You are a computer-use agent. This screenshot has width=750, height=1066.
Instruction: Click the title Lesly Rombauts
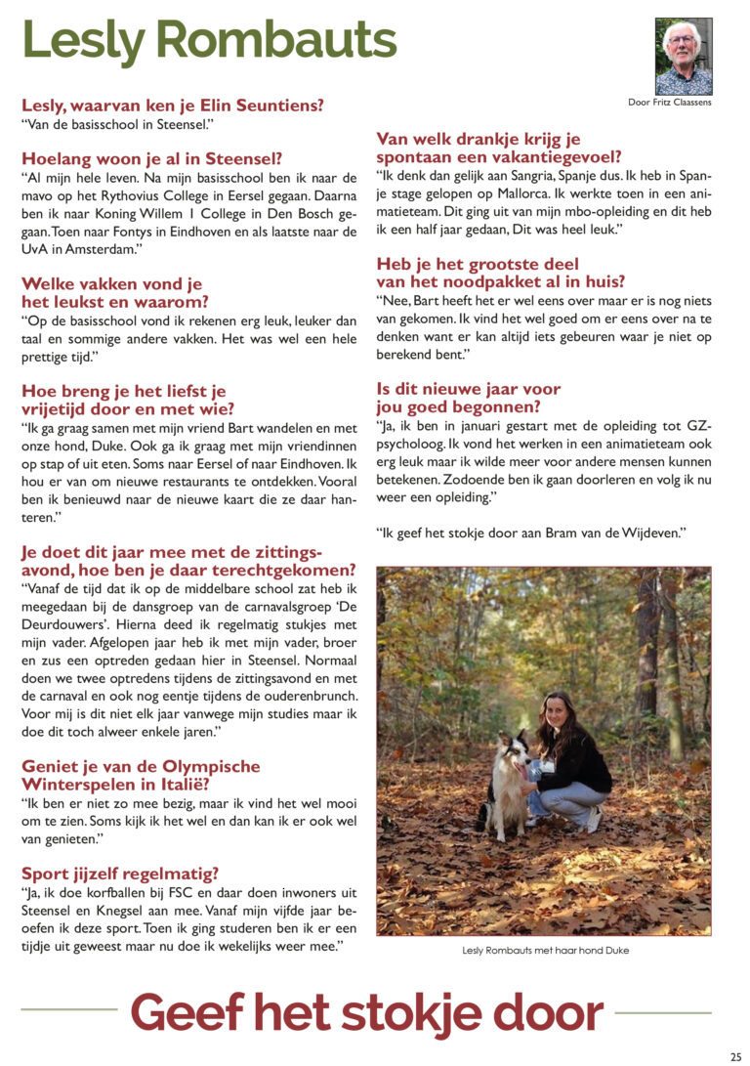click(x=209, y=41)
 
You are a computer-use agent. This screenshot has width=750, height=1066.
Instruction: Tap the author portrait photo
click(x=684, y=56)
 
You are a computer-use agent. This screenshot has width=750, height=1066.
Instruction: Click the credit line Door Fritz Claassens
click(x=669, y=103)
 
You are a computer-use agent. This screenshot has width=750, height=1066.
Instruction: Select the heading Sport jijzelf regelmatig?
click(x=120, y=874)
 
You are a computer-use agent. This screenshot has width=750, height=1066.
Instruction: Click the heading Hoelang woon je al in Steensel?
click(x=151, y=159)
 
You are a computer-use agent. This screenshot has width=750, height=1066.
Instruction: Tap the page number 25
click(x=735, y=1056)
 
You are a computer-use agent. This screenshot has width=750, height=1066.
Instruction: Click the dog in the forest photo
click(x=506, y=782)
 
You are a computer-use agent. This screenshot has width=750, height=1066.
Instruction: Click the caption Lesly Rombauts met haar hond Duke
click(x=546, y=951)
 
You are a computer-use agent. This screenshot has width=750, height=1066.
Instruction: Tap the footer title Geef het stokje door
click(x=366, y=1012)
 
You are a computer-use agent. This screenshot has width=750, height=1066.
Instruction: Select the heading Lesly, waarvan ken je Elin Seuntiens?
click(x=173, y=106)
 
